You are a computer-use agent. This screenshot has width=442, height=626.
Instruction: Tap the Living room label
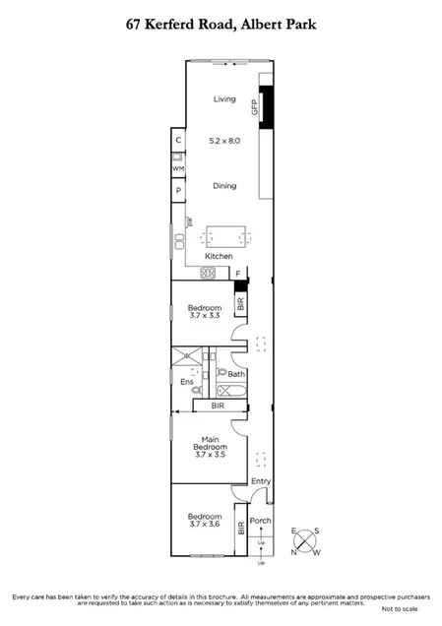coord(226,98)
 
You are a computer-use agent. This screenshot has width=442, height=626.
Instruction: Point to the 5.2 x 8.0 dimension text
coord(225,141)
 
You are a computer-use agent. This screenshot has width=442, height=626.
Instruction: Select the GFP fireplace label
coord(254,107)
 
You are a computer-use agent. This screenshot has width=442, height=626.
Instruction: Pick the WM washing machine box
coord(178,168)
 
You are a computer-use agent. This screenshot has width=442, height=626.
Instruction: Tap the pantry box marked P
coord(178,192)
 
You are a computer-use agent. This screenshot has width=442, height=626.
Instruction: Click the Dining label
coord(225,185)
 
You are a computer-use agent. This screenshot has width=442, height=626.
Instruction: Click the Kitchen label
coord(219,256)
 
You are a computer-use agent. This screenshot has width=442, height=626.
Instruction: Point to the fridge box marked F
coord(237,273)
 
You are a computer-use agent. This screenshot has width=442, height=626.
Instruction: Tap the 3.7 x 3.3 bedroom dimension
coord(204,317)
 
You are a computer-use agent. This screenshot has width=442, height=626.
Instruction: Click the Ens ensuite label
coord(186,381)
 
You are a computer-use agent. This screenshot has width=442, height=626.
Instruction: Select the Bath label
coord(235,374)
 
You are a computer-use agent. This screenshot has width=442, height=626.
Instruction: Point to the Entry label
coord(260,481)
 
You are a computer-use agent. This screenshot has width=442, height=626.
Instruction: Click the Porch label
coord(260,521)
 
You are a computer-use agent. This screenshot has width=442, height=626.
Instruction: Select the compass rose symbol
coord(305,540)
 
